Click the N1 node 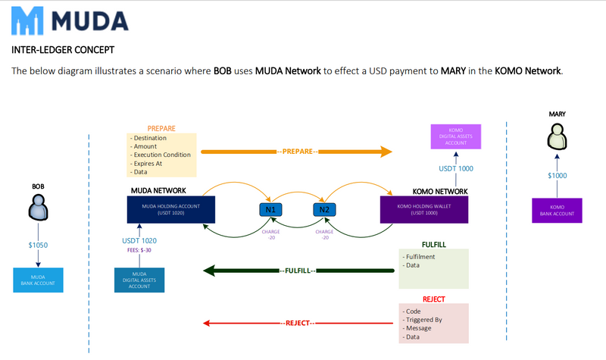(x=270, y=209)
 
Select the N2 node (x=324, y=209)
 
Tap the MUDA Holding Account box (x=171, y=208)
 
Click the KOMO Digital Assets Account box (x=456, y=136)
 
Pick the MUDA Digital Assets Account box (x=139, y=280)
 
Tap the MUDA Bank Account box (x=39, y=280)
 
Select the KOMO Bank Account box (x=557, y=210)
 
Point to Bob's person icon (x=39, y=206)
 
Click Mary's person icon (x=557, y=137)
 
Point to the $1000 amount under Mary (x=557, y=176)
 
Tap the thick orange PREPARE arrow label (x=297, y=152)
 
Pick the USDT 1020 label (x=139, y=241)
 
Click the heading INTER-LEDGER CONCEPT (x=64, y=51)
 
